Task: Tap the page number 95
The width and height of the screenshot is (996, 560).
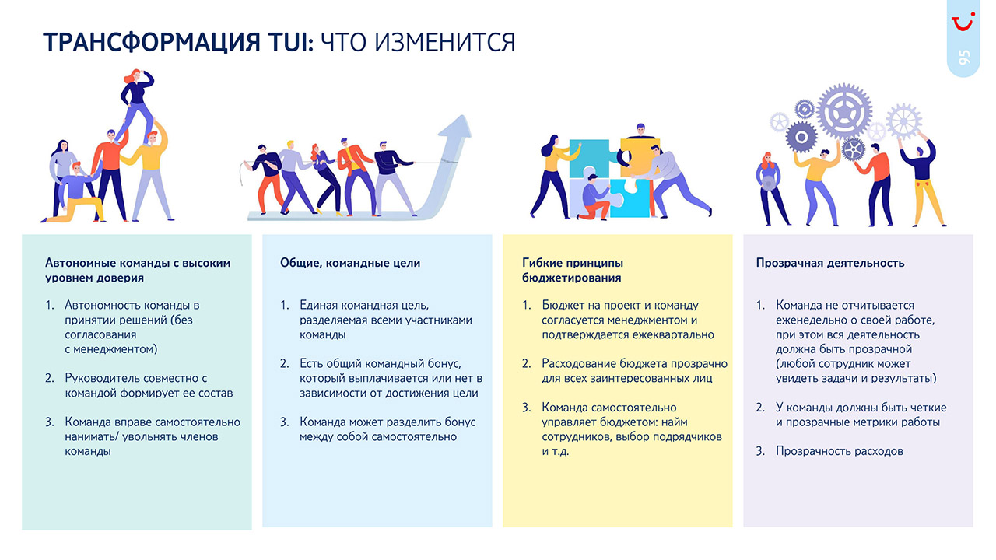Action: click(963, 58)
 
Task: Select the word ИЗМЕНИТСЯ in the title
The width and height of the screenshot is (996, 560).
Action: click(444, 43)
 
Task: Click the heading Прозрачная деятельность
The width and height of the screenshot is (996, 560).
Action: click(829, 263)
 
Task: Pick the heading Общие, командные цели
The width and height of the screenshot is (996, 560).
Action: click(350, 263)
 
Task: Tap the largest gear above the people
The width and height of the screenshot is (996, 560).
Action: click(844, 111)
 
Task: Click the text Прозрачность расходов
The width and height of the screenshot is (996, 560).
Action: click(840, 451)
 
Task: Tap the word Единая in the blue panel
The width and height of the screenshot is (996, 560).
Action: click(319, 306)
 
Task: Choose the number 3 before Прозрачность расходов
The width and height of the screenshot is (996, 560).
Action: click(760, 451)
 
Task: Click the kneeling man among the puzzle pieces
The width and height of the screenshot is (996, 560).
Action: click(594, 197)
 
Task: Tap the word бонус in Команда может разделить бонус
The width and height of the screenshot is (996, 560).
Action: click(459, 422)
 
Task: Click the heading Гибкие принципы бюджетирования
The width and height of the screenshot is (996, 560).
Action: click(572, 270)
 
